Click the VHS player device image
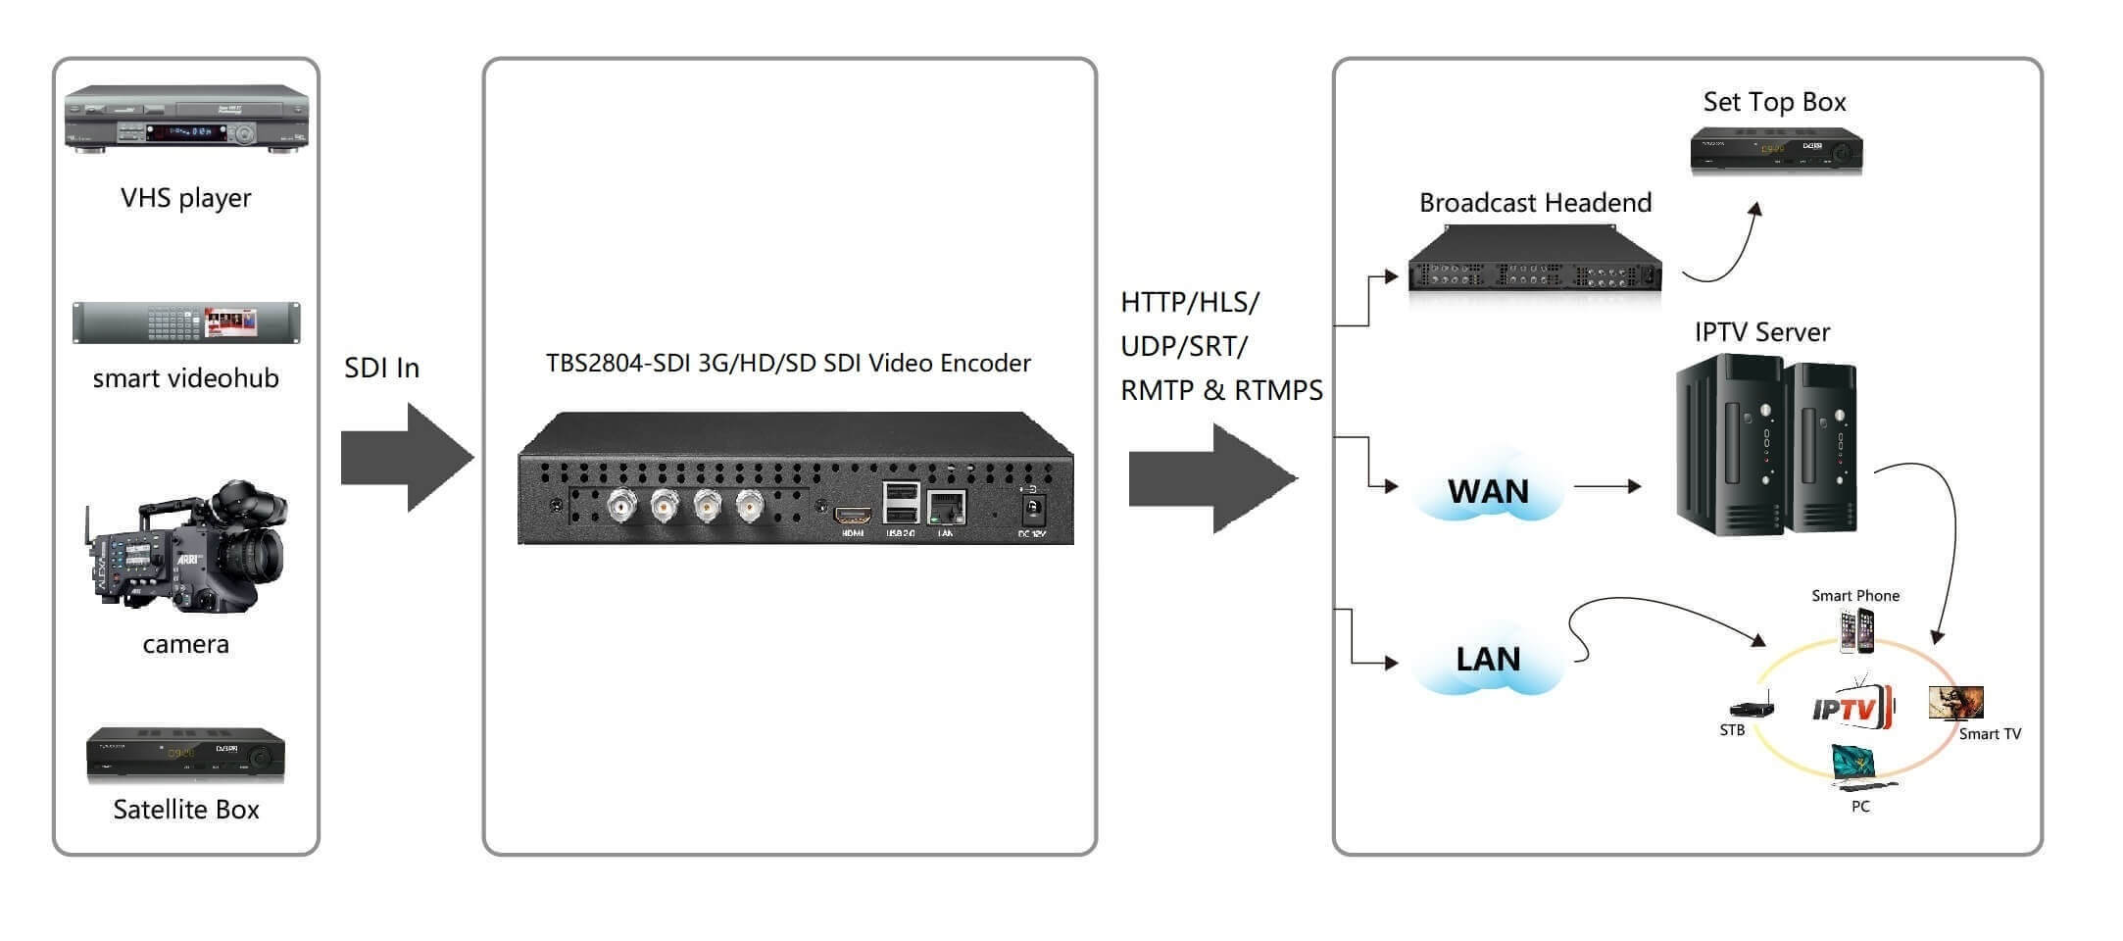click(x=186, y=120)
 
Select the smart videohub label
click(x=185, y=378)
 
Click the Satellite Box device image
click(x=185, y=756)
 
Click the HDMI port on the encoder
click(x=853, y=516)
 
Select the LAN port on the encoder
click(x=946, y=509)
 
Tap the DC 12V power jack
click(x=1032, y=510)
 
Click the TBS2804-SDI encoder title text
click(x=788, y=364)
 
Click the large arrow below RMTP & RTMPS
click(x=1212, y=478)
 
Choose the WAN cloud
click(x=1487, y=490)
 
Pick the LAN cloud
click(x=1487, y=659)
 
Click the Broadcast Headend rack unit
click(x=1535, y=261)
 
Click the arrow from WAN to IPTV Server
click(x=1606, y=486)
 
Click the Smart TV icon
click(x=1955, y=703)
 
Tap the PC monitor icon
click(x=1856, y=765)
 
